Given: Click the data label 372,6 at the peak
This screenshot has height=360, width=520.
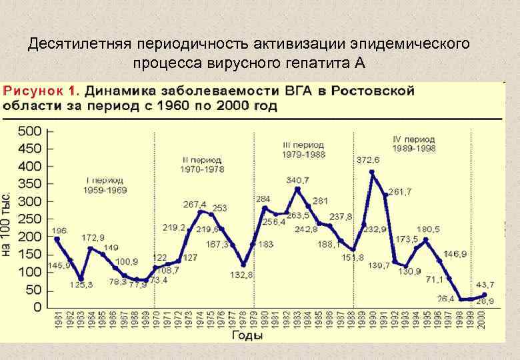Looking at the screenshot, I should [x=367, y=159].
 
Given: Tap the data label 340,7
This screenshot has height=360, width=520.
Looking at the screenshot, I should [x=297, y=180].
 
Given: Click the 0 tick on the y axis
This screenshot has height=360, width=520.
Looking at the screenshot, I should [x=37, y=307].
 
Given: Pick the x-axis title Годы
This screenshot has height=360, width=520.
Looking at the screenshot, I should [x=247, y=336].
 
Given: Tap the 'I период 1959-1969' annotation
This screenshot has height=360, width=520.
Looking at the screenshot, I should [x=105, y=185].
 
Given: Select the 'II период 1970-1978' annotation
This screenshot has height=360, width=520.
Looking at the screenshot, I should [x=202, y=165].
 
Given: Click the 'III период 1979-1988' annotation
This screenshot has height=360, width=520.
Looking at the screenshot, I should [x=303, y=149].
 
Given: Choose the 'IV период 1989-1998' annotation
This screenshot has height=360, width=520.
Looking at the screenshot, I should [x=413, y=144].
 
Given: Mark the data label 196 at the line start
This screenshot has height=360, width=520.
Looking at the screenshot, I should [x=59, y=231].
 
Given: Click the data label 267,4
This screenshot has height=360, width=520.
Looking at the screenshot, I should [x=195, y=203].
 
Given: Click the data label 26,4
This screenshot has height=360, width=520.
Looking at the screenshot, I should [x=445, y=299].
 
